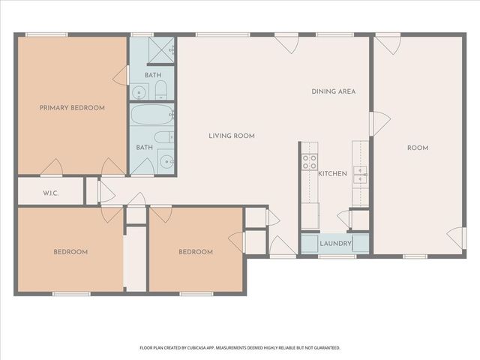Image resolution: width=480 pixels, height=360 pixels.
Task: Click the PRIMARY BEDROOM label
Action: point(72,108)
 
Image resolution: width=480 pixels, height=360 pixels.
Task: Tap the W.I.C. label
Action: point(51,193)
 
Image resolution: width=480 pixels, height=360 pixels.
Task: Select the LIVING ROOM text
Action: point(232,136)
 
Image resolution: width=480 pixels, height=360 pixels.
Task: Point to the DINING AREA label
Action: point(334,91)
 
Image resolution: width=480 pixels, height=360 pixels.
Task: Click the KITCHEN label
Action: point(332,173)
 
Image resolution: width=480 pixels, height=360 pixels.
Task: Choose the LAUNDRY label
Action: point(334,244)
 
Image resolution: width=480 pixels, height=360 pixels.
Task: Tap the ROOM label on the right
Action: point(418,148)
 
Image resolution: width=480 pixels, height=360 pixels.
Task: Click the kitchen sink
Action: point(361,174)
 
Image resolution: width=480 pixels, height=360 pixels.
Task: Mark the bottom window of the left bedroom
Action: point(71,293)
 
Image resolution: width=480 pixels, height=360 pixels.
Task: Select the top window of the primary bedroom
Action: point(46,34)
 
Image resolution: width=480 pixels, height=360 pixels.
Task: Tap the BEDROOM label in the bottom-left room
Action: point(70,252)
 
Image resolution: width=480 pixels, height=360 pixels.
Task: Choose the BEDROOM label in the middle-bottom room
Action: point(196,252)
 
